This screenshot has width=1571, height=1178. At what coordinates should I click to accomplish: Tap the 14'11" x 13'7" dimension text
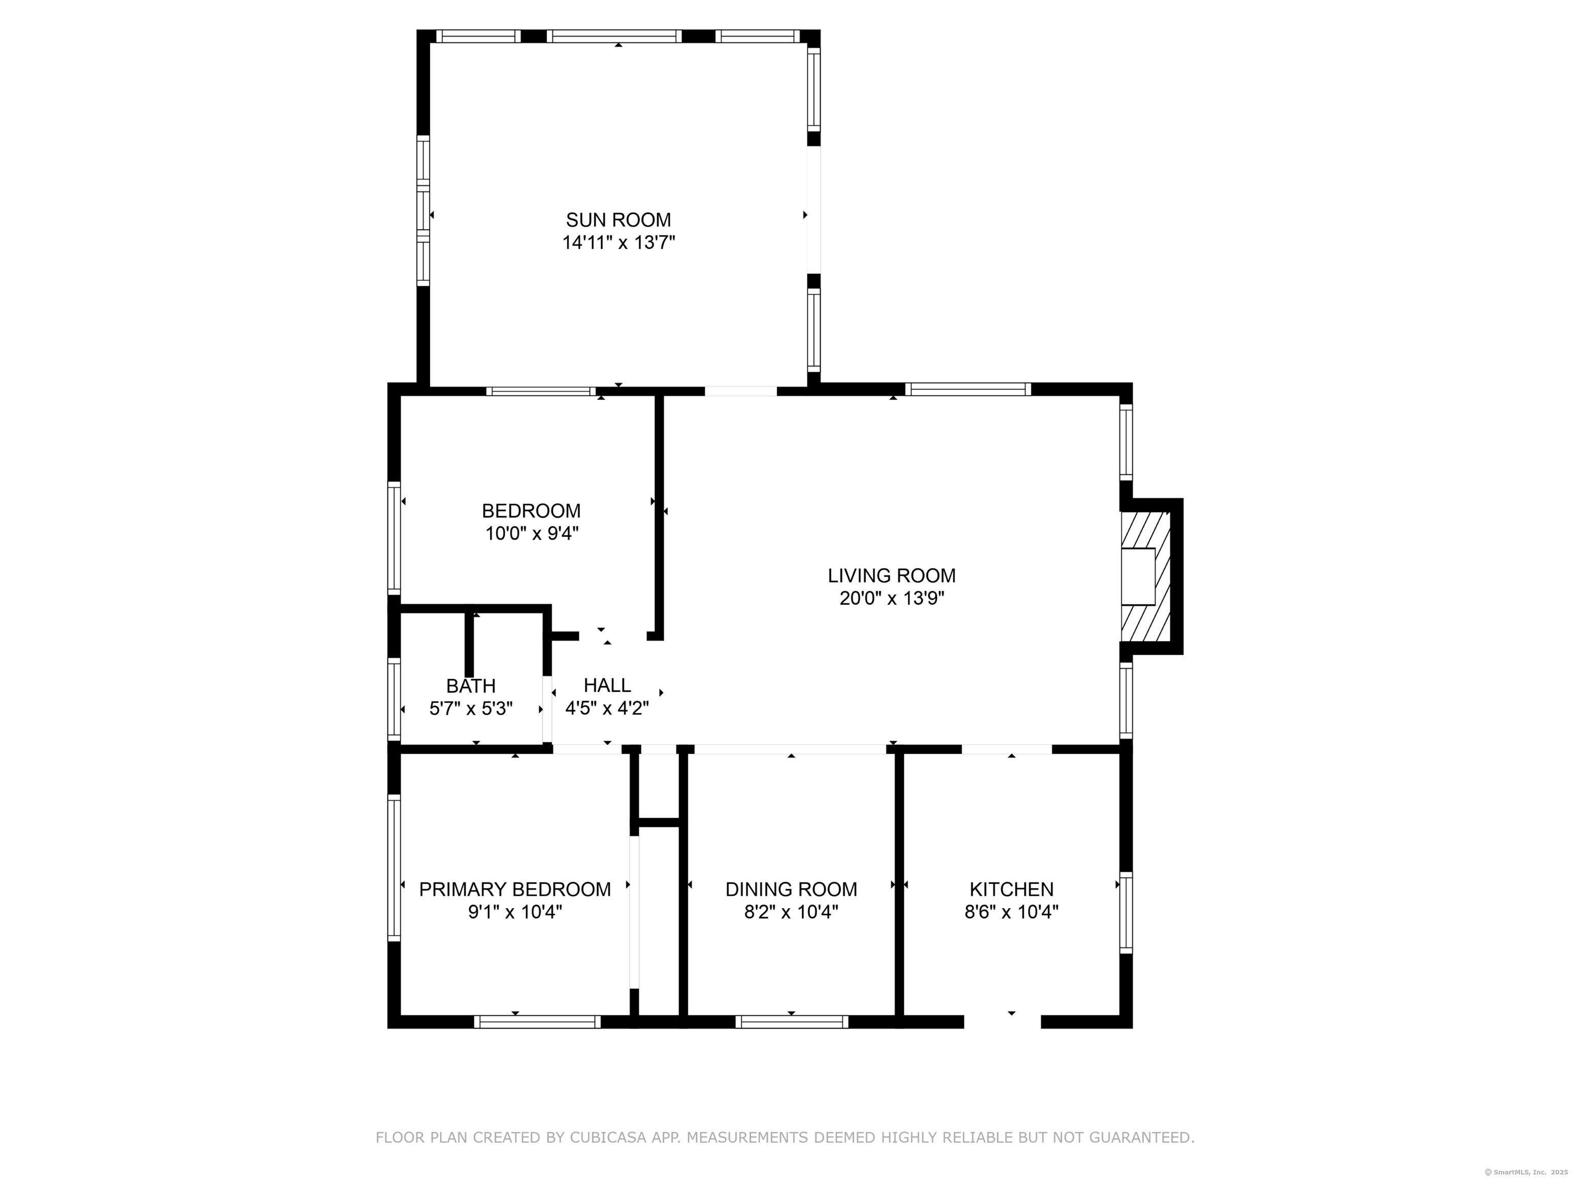618,243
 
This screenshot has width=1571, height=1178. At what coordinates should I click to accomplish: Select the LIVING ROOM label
891,575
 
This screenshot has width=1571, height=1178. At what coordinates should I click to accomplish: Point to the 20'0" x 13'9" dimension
891,599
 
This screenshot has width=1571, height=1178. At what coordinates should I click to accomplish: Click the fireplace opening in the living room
1138,577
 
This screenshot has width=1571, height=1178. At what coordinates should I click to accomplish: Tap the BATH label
471,686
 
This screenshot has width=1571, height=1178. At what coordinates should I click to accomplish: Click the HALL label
607,685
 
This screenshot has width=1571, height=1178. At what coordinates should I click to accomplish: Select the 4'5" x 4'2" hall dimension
607,708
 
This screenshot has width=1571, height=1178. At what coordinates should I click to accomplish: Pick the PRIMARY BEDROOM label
515,889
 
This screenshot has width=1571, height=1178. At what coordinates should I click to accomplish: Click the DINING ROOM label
791,889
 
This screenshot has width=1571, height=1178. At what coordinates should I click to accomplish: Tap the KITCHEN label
1012,889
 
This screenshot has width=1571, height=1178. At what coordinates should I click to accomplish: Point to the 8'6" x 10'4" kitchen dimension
1012,912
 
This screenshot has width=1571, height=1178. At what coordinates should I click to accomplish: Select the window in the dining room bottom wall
792,1022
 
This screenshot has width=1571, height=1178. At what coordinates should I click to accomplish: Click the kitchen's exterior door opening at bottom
1002,1022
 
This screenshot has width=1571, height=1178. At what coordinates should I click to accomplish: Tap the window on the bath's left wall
393,699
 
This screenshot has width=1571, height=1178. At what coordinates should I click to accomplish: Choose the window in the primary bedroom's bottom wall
537,1022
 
